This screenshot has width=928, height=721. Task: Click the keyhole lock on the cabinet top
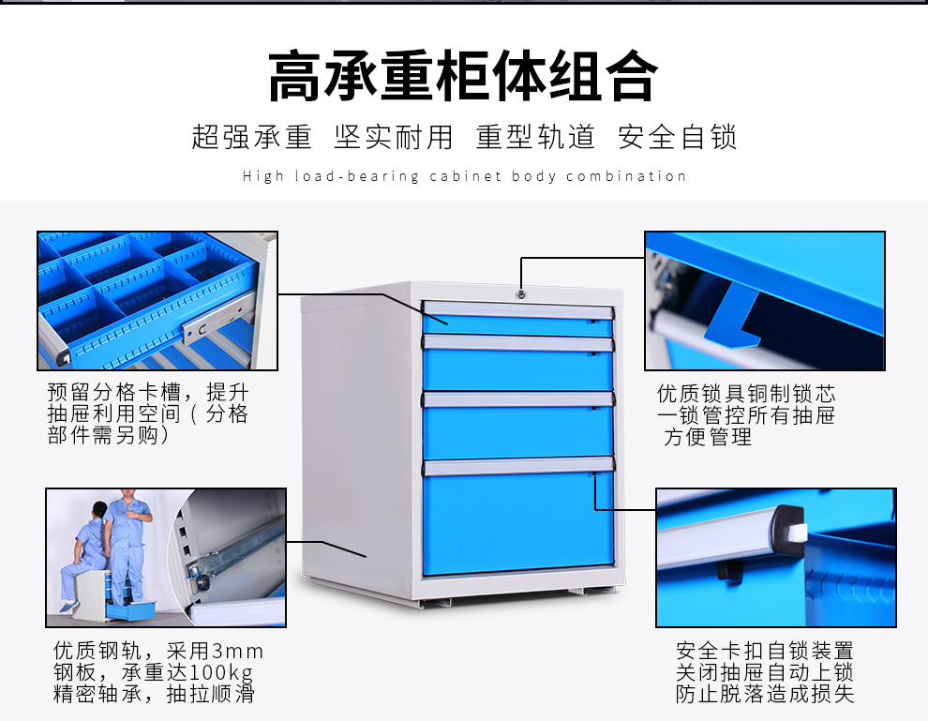click(520, 294)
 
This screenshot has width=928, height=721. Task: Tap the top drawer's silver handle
click(517, 309)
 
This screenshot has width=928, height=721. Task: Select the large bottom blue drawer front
click(518, 522)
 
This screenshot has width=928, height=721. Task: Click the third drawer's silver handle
click(518, 399)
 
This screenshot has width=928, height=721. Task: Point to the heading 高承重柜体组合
click(463, 76)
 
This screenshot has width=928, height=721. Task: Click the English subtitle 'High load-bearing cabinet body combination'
click(464, 176)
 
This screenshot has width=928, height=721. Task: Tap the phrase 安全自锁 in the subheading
click(678, 137)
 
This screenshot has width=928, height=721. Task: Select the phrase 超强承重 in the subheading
click(251, 137)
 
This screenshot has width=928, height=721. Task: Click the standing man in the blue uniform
click(127, 546)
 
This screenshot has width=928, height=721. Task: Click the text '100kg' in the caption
click(217, 672)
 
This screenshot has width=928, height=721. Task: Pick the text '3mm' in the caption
click(237, 651)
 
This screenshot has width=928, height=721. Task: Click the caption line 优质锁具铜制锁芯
click(746, 394)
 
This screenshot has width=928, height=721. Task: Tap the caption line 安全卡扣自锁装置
click(765, 651)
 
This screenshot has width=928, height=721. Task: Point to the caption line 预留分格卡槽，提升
click(148, 392)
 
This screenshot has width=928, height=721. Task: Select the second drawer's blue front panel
click(517, 369)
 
